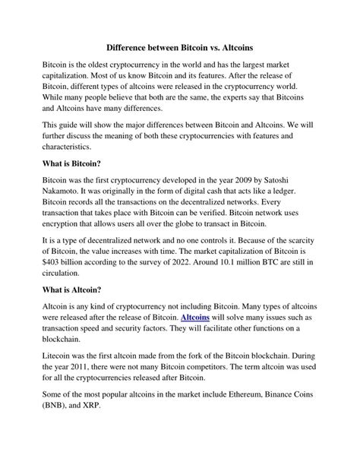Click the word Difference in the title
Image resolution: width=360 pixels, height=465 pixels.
click(132, 46)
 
